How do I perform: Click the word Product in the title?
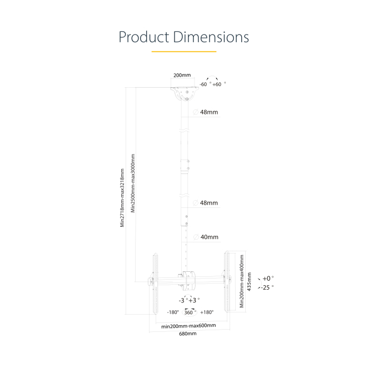[143, 37]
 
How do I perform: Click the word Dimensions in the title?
[211, 37]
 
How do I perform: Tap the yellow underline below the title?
[184, 51]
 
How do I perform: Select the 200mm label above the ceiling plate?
[182, 75]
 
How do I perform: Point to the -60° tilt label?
[205, 84]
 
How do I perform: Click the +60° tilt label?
[218, 84]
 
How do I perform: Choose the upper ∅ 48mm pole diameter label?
[206, 112]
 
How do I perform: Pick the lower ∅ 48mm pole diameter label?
[206, 203]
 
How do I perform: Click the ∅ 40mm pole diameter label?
[206, 237]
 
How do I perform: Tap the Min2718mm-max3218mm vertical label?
[122, 198]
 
